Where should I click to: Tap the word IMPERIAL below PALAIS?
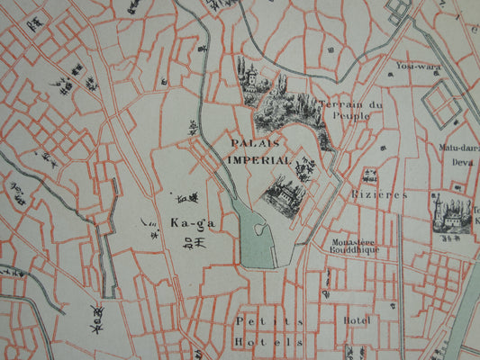pos(258,160)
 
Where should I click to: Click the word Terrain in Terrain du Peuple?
pos(334,103)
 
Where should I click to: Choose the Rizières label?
pos(379,193)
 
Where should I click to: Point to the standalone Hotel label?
pos(357,319)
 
